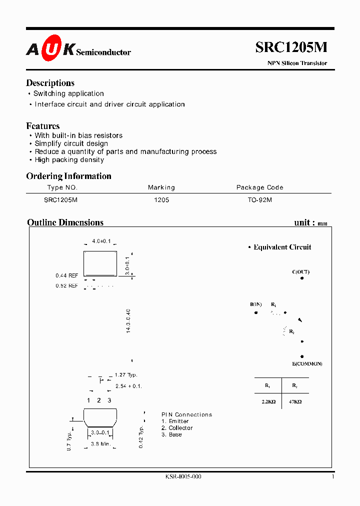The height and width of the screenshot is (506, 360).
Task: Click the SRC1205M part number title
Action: (x=291, y=47)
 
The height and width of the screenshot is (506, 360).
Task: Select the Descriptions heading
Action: (x=50, y=83)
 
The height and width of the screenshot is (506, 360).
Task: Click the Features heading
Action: (x=42, y=126)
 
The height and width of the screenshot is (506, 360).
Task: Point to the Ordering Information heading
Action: (x=68, y=176)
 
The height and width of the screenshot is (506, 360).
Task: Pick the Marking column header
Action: (x=161, y=187)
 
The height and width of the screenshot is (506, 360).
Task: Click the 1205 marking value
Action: (x=161, y=199)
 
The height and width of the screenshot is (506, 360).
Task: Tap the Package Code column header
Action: (x=259, y=187)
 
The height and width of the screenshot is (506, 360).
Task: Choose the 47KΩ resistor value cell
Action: (x=294, y=401)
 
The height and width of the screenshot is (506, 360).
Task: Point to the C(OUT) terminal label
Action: (x=300, y=272)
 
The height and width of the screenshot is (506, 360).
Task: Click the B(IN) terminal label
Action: (x=256, y=304)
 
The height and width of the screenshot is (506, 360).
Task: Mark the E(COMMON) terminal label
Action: (x=307, y=363)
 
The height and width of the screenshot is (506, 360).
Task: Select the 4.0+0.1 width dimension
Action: (x=101, y=241)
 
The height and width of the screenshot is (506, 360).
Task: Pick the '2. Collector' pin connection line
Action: (x=177, y=428)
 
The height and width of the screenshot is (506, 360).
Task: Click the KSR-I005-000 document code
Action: (x=183, y=477)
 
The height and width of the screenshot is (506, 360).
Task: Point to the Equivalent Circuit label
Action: (x=282, y=247)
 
